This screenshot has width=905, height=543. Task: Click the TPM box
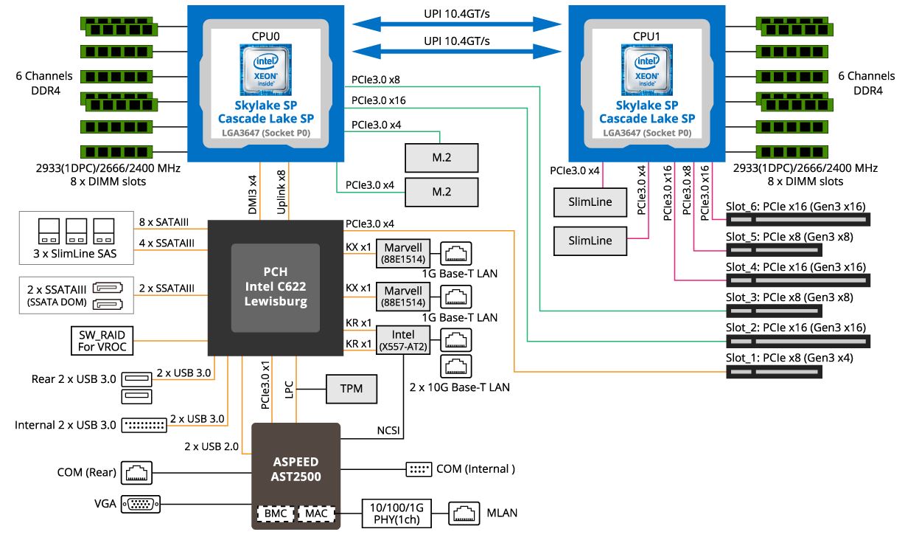click(352, 389)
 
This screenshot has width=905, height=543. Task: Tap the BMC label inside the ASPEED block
click(274, 512)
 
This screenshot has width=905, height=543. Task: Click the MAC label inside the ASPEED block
click(317, 512)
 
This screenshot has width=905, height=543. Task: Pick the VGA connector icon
click(139, 505)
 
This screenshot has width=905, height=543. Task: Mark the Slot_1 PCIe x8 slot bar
click(774, 372)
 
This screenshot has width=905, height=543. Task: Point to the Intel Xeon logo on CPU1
click(646, 68)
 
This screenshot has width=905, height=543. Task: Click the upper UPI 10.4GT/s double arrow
click(457, 24)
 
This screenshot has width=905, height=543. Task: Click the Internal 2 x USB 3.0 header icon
click(143, 425)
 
